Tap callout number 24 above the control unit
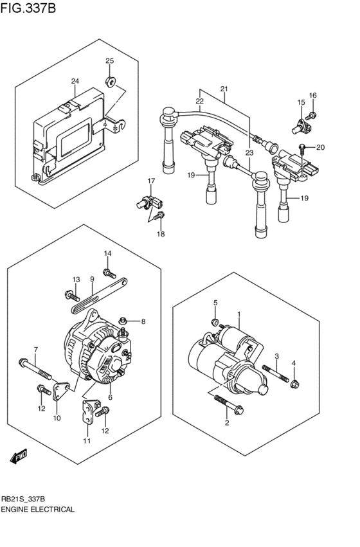point(75,82)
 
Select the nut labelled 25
point(110,82)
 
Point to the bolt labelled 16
point(312,115)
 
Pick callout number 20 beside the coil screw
point(321,147)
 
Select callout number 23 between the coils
point(249,153)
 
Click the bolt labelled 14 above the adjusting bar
point(108,271)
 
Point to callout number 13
point(76,280)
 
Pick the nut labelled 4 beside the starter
point(294,384)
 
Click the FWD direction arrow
point(18,456)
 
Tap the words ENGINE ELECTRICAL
point(39,509)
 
